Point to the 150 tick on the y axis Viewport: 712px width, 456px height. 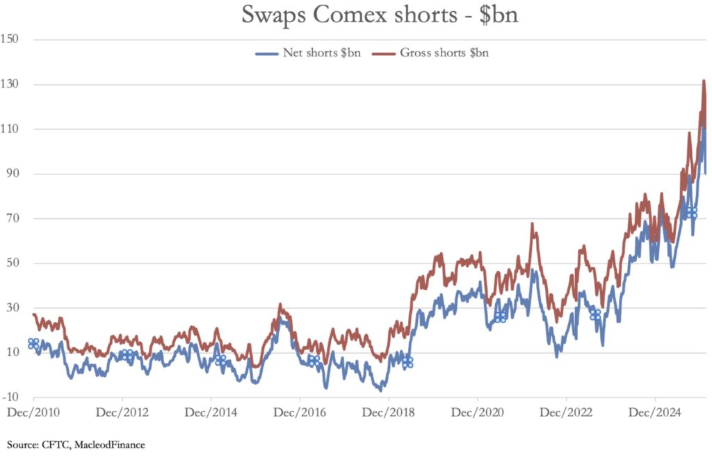click(x=9, y=40)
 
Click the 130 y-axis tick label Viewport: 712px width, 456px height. click(x=9, y=85)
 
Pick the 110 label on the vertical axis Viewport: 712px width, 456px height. click(x=9, y=129)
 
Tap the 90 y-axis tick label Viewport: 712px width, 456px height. click(x=10, y=174)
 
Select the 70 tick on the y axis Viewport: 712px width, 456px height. click(x=10, y=218)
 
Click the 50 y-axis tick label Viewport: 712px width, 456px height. click(x=10, y=263)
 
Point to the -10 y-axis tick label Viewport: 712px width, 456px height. click(x=10, y=397)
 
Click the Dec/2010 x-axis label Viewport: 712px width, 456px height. click(x=33, y=412)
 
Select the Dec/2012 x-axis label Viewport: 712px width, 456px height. click(x=122, y=412)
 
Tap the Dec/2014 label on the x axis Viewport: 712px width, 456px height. click(x=211, y=412)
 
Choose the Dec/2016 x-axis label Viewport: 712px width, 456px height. click(x=300, y=412)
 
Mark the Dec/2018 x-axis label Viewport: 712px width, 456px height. click(x=389, y=412)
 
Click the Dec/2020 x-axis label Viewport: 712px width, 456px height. click(x=478, y=412)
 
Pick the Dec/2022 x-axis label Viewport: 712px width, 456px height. click(x=566, y=412)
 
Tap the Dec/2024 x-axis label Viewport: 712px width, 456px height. click(x=655, y=412)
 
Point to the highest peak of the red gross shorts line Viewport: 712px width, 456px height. click(x=704, y=81)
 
